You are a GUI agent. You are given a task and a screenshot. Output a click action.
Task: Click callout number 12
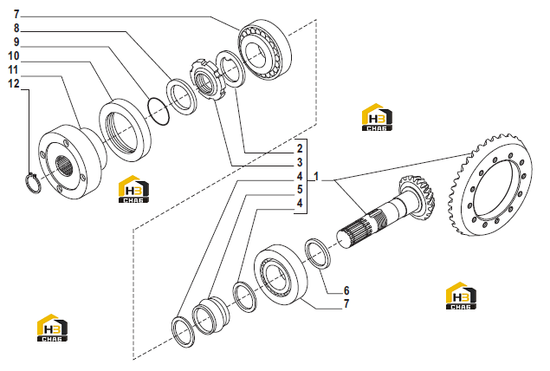(14, 83)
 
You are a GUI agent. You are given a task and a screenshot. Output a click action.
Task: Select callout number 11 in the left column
(13, 70)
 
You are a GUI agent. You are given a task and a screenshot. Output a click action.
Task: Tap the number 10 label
(14, 55)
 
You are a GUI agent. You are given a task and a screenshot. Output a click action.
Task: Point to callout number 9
(16, 42)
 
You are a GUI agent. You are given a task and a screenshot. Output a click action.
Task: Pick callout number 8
(16, 28)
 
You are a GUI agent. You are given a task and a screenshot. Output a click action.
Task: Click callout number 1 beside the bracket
(316, 176)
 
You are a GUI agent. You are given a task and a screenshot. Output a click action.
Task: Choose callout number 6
(346, 290)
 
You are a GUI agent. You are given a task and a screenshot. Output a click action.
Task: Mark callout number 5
(300, 190)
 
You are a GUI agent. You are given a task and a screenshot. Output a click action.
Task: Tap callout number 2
(300, 148)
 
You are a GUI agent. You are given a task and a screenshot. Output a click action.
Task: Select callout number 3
(300, 162)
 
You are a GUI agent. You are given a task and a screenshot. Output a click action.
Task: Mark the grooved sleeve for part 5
(210, 315)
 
